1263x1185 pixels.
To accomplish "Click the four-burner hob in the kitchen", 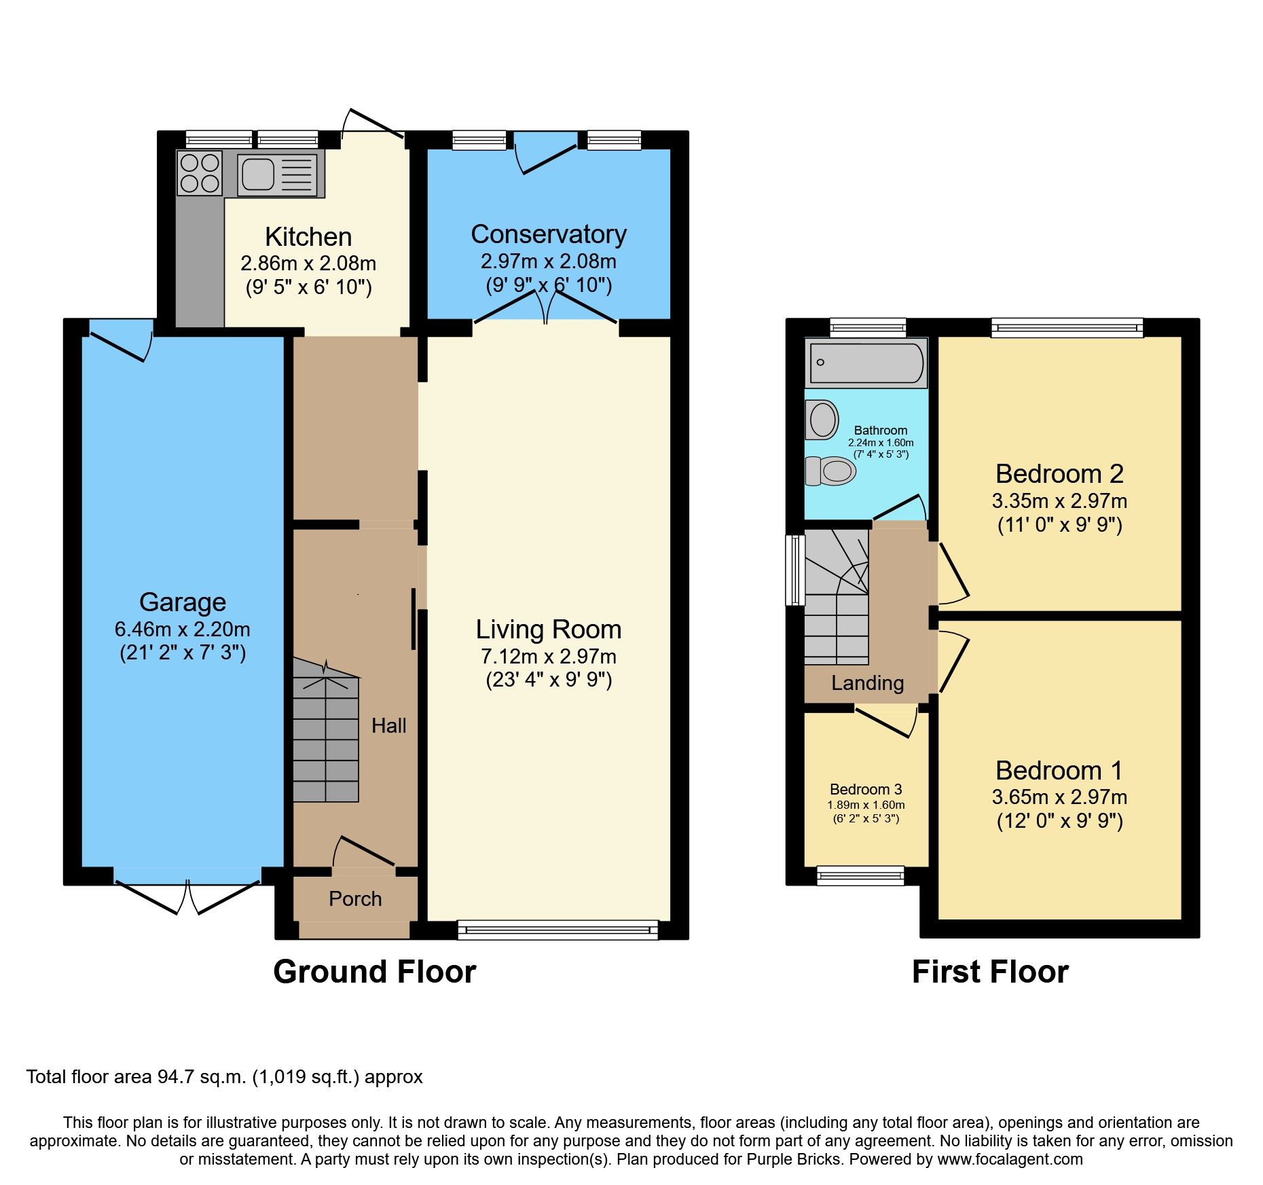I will [x=200, y=172].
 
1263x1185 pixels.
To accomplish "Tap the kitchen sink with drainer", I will [x=276, y=174].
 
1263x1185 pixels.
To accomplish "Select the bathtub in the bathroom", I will [x=866, y=363].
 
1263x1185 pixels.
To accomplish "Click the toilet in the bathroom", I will [x=830, y=471].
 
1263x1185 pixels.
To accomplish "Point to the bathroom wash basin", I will [x=822, y=419].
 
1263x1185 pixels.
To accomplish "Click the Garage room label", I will [x=182, y=602].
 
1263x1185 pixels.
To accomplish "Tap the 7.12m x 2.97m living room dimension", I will [x=548, y=657].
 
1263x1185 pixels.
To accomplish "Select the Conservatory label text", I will [x=548, y=234].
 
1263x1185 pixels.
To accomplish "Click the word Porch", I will [x=355, y=899].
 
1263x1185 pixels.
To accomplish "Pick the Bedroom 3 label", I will [x=866, y=789].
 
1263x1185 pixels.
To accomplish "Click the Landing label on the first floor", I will [x=867, y=683].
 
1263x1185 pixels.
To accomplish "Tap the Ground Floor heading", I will [x=374, y=972].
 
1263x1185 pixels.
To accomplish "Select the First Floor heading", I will [x=989, y=972].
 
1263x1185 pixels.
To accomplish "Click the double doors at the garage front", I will [x=187, y=894].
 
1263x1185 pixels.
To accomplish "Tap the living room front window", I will [x=557, y=929].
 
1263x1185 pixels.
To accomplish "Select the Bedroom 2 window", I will [x=1066, y=329].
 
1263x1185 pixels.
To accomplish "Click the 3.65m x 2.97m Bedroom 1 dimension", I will [x=1059, y=797].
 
